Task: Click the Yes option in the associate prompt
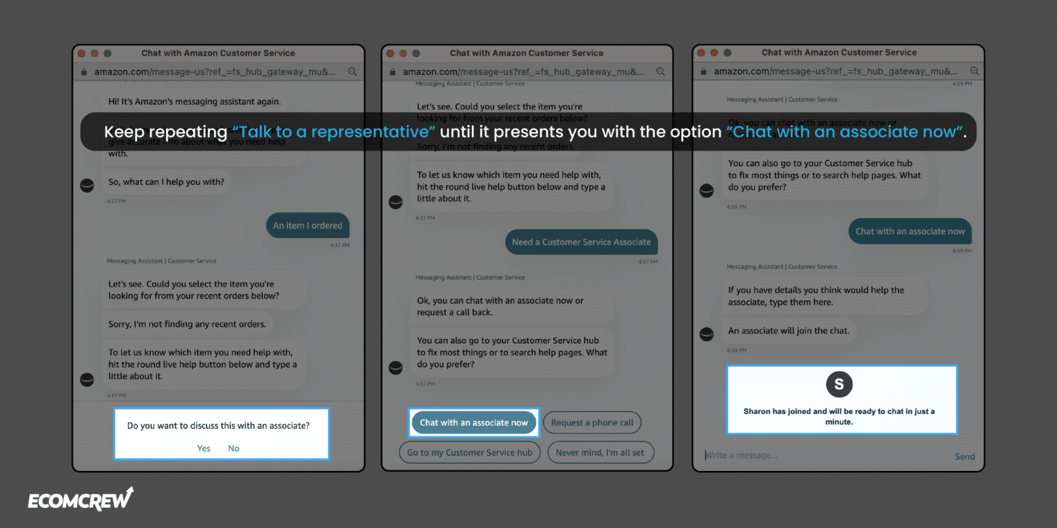click(x=204, y=448)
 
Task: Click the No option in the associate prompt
click(x=234, y=448)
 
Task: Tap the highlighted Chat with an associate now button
click(x=473, y=422)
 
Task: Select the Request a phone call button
click(x=592, y=422)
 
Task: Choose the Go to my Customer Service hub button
click(x=469, y=452)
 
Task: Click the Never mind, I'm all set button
click(x=600, y=452)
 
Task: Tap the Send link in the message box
click(x=964, y=456)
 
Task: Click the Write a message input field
click(x=819, y=455)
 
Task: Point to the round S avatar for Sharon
click(x=839, y=384)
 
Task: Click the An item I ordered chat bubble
click(x=308, y=225)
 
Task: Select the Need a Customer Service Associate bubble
click(x=581, y=242)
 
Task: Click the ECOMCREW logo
click(x=81, y=500)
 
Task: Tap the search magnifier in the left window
click(x=352, y=71)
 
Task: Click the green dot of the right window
click(x=727, y=53)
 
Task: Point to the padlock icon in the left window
click(x=84, y=71)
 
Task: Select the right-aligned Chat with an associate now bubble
click(x=910, y=231)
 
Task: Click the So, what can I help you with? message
click(x=166, y=182)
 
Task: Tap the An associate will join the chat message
click(x=789, y=331)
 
